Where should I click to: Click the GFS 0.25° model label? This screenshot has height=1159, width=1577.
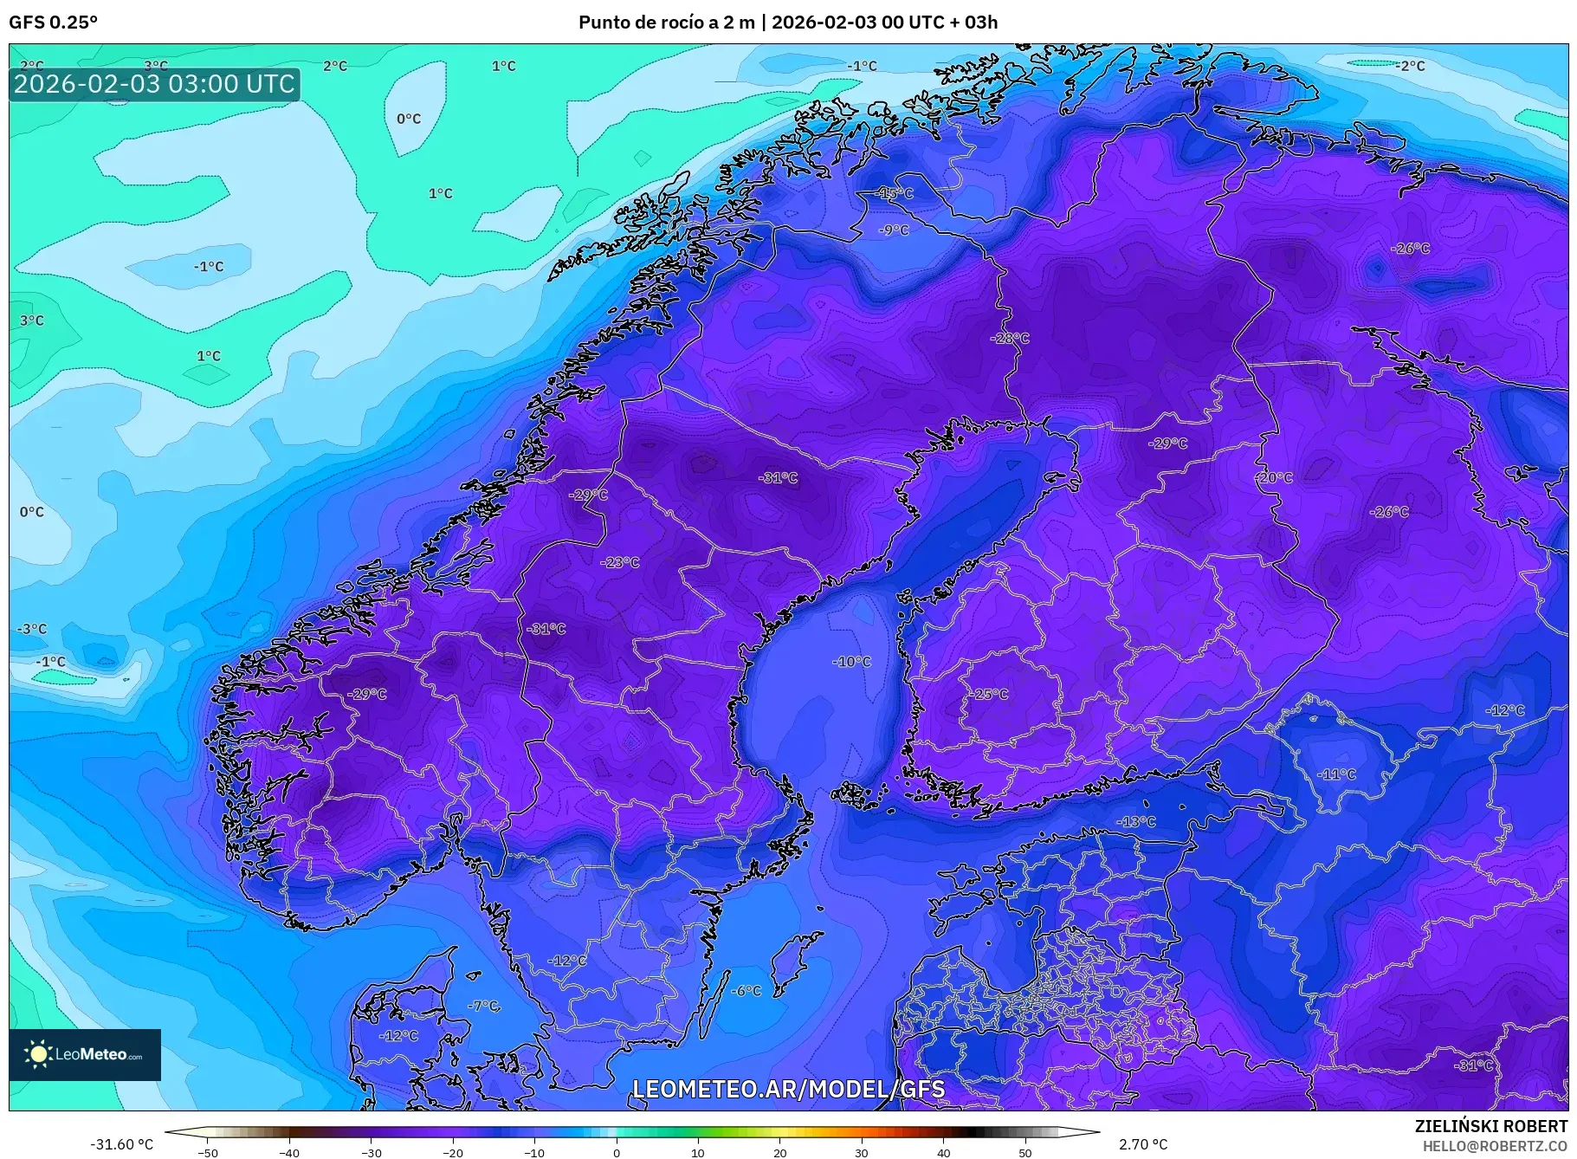(53, 23)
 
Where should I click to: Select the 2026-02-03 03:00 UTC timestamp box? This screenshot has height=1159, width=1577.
(154, 84)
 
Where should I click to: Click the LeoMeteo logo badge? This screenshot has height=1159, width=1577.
(85, 1054)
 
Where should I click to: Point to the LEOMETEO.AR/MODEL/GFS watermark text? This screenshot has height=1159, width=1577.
(788, 1089)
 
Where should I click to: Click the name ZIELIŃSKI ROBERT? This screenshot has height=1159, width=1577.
(1490, 1126)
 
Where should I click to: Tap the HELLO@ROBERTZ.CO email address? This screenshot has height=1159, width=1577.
(1495, 1145)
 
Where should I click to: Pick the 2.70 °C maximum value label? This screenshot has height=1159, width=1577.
(1143, 1144)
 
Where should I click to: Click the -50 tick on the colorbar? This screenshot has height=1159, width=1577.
(208, 1152)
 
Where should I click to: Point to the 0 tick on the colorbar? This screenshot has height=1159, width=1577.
(617, 1152)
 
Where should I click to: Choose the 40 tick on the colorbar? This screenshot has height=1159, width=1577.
(943, 1152)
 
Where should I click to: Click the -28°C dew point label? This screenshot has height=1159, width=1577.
(1010, 338)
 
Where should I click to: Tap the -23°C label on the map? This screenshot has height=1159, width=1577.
(620, 562)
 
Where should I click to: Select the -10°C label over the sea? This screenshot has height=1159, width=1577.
(852, 662)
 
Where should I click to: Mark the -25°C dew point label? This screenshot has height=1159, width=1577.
(988, 695)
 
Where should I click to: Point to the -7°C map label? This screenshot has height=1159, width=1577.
(483, 1006)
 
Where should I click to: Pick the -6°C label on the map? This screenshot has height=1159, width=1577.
(746, 991)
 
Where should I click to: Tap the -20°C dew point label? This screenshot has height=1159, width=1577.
(1274, 477)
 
